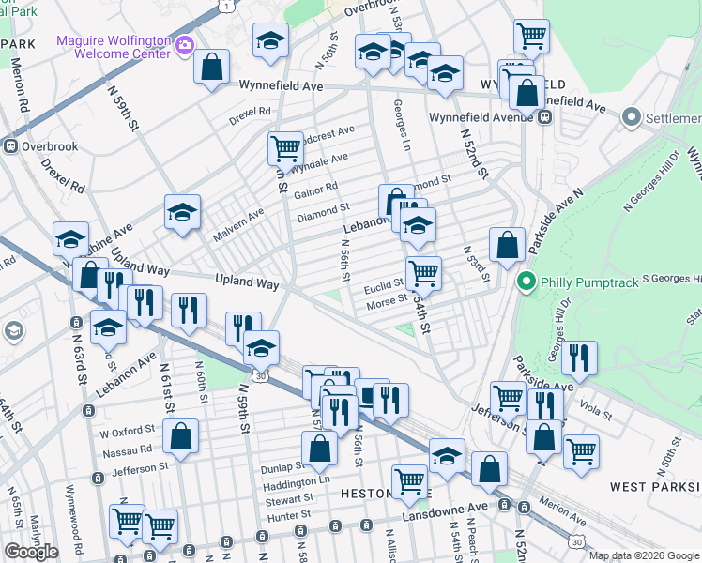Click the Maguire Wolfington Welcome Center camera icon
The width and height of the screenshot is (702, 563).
tap(185, 44)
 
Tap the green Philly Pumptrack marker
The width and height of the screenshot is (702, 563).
tap(526, 280)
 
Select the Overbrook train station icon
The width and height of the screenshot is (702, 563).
tap(11, 146)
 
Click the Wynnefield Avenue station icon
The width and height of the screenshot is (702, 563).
tap(544, 117)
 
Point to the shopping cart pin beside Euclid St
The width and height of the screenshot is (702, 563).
tap(423, 273)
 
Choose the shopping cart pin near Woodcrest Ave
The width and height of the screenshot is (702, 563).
tap(284, 147)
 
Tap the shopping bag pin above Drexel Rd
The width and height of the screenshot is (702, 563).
tap(212, 67)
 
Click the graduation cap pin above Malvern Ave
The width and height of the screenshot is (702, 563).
tap(182, 211)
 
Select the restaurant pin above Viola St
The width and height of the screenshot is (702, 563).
tap(579, 358)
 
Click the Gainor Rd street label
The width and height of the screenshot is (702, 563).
tap(315, 190)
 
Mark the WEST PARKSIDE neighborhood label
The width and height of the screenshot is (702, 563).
tap(654, 486)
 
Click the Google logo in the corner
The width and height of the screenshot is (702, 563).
tap(31, 552)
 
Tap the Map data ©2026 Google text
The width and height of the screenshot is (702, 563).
tap(644, 555)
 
